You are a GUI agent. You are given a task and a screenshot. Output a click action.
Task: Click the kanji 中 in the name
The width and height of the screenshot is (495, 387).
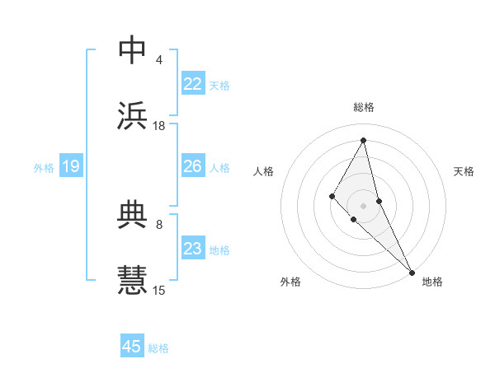pos(133,51)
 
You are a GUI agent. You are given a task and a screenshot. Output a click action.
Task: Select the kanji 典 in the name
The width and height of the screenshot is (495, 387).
pos(133,216)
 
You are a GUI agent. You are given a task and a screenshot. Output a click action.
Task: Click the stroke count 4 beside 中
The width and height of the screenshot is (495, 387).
pos(159,60)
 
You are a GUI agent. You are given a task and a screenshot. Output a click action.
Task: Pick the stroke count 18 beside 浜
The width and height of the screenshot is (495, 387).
pos(159,126)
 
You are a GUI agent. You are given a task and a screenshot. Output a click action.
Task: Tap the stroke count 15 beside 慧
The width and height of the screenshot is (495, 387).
pos(159,290)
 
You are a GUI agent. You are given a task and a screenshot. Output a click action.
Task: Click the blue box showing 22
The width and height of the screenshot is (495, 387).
pos(193,84)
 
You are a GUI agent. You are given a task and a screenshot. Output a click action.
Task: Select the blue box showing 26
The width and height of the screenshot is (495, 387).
pos(193,166)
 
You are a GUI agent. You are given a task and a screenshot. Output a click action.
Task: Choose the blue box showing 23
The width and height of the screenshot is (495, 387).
pos(193,249)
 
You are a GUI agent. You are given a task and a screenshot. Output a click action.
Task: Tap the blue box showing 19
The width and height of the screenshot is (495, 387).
pos(71,166)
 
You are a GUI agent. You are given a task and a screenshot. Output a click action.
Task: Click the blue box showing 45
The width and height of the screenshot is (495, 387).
pos(132,347)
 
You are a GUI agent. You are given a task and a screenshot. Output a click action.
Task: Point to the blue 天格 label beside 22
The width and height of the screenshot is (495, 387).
pos(219,85)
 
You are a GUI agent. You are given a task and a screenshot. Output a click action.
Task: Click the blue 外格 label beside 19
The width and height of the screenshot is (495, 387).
pos(44,167)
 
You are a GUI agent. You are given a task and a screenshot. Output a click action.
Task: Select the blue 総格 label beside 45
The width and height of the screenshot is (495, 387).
pos(158,348)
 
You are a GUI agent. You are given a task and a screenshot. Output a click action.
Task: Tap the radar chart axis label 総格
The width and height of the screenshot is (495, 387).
pos(364,107)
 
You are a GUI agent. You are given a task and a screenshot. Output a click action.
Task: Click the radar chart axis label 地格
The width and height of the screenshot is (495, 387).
pos(432,282)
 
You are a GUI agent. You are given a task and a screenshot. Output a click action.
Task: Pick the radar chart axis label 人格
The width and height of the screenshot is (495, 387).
pos(264,171)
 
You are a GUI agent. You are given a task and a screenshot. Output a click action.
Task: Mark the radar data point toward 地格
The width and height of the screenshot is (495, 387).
pos(412,271)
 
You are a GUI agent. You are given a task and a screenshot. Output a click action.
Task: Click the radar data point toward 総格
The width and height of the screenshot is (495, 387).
pos(364,140)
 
